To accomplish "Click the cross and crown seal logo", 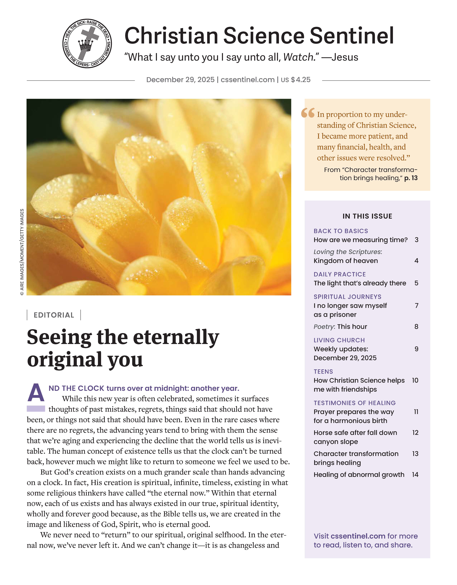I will coord(87,43).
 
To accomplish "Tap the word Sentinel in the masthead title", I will coord(352,36).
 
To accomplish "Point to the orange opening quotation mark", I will coord(308,113).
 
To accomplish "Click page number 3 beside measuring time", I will coord(416,240).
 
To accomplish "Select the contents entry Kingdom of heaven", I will coord(346,261).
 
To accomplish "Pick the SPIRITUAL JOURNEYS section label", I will coord(347,297).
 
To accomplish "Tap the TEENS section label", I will coord(323,372).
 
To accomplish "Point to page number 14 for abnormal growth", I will coord(415,475).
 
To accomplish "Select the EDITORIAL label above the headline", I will coord(54,315).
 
